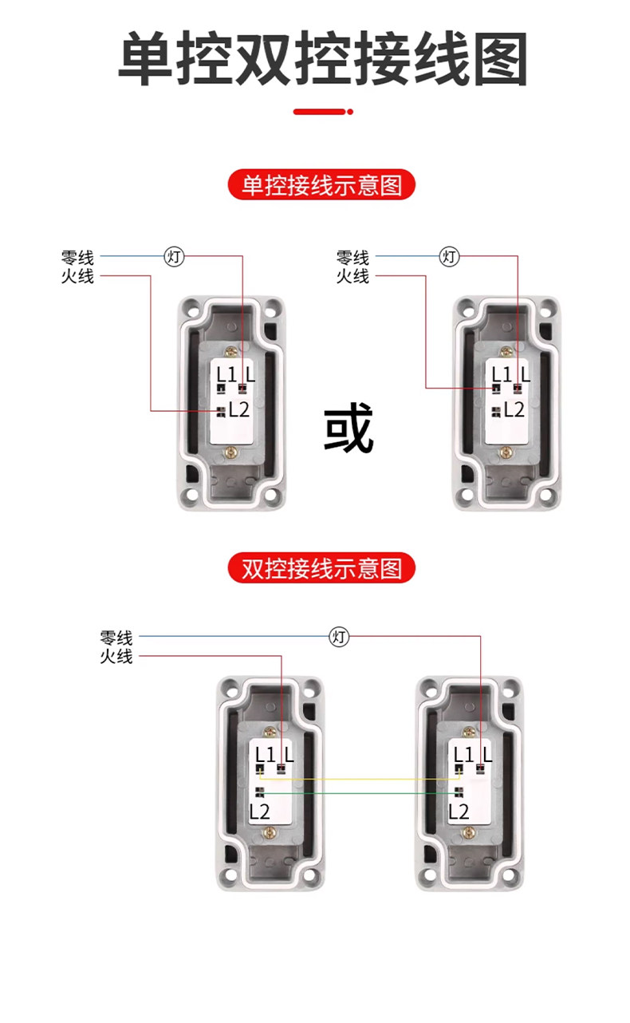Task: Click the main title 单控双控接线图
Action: (322, 59)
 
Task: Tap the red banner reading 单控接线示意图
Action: (322, 186)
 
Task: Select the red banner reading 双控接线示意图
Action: (322, 568)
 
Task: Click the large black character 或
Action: (348, 429)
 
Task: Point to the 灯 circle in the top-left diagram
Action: (175, 256)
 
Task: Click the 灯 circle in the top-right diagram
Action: (450, 256)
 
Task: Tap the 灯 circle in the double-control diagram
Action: (340, 637)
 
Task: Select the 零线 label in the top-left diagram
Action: (77, 258)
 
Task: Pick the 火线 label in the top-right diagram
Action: (352, 276)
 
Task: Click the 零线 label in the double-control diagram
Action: (116, 638)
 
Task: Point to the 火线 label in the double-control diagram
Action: (116, 657)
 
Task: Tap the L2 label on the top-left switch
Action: (239, 410)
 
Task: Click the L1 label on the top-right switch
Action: (502, 373)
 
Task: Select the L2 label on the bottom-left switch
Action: (260, 812)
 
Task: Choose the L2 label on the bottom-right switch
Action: (459, 812)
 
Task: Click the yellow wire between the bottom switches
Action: (359, 780)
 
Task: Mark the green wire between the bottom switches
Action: (359, 793)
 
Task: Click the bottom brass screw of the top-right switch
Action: (505, 452)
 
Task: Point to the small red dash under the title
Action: (322, 112)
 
